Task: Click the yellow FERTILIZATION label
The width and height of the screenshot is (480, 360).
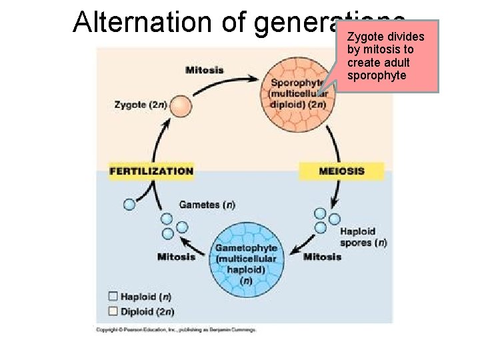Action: coord(151,171)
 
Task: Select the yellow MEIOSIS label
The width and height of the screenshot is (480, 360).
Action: coord(341,171)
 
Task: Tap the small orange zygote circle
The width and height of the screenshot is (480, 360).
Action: coord(180,106)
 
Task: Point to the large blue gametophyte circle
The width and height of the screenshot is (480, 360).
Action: coord(247,261)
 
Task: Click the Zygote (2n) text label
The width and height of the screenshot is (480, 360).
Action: coord(141,105)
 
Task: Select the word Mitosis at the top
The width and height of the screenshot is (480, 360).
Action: coord(204,70)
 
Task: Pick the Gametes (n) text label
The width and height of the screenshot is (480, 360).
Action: coord(207,205)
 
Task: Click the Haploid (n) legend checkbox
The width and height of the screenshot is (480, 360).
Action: coord(113,297)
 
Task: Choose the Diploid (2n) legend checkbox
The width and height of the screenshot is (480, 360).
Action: coord(113,311)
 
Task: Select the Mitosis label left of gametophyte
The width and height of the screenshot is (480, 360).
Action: coord(176,257)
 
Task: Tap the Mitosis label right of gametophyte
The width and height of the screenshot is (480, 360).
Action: coord(322,257)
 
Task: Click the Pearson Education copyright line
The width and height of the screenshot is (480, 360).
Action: coord(176,330)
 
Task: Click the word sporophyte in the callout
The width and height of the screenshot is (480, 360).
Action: coord(377,76)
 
